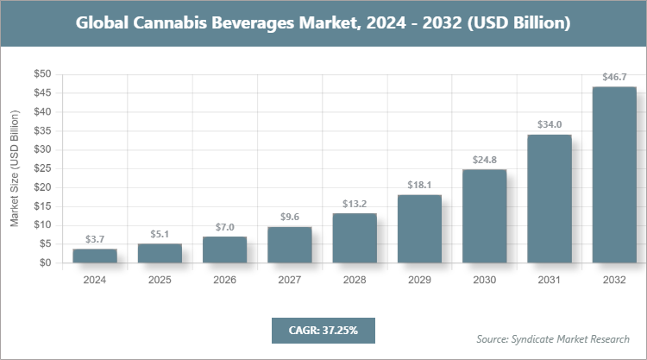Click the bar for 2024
pos(95,256)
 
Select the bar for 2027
pos(290,245)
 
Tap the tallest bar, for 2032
pos(614,175)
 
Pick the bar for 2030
pos(484,216)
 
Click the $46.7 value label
pos(614,78)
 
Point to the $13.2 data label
pos(355,204)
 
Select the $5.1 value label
pos(160,234)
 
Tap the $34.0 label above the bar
pos(550,125)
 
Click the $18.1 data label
pos(419,185)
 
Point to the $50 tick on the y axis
pos(42,74)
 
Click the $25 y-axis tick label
pos(42,168)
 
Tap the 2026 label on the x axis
pos(224,280)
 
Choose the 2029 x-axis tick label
pos(419,280)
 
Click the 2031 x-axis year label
pos(550,280)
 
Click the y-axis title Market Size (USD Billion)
pos(15,168)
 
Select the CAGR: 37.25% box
pos(323,330)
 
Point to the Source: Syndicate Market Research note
pos(553,338)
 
